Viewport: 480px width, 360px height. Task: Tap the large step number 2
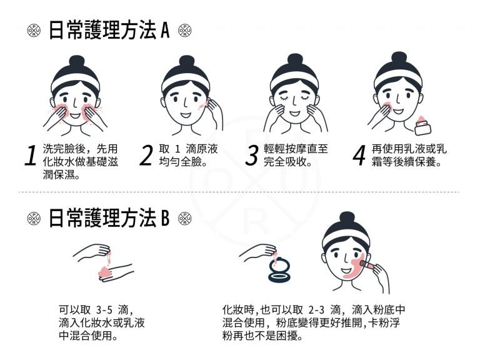146,157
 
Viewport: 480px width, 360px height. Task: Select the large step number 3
251,157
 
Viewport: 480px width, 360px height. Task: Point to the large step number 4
358,157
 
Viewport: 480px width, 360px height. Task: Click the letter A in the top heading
165,31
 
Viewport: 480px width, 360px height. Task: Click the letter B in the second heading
165,218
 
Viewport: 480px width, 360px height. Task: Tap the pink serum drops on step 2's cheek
202,107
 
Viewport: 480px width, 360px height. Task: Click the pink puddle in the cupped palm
102,272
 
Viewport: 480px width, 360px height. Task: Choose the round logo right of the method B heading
184,218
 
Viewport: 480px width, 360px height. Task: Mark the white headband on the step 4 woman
398,75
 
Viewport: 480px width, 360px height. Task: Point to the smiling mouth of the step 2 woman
185,116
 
